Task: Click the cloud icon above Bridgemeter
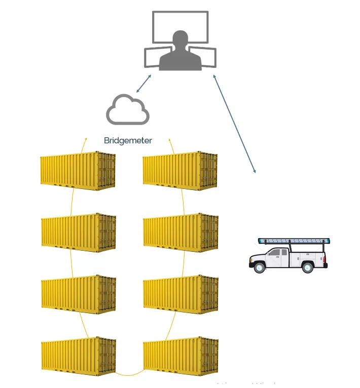[x=128, y=110]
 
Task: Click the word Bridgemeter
[x=128, y=140]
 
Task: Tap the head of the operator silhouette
[x=180, y=40]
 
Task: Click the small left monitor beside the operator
[x=152, y=57]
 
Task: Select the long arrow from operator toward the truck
[x=234, y=125]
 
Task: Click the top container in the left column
[x=78, y=171]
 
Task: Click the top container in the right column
[x=180, y=171]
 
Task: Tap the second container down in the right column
[x=181, y=232]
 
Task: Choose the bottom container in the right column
[x=181, y=357]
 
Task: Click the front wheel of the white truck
[x=259, y=267]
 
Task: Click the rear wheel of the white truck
[x=307, y=267]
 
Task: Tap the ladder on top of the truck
[x=294, y=241]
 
